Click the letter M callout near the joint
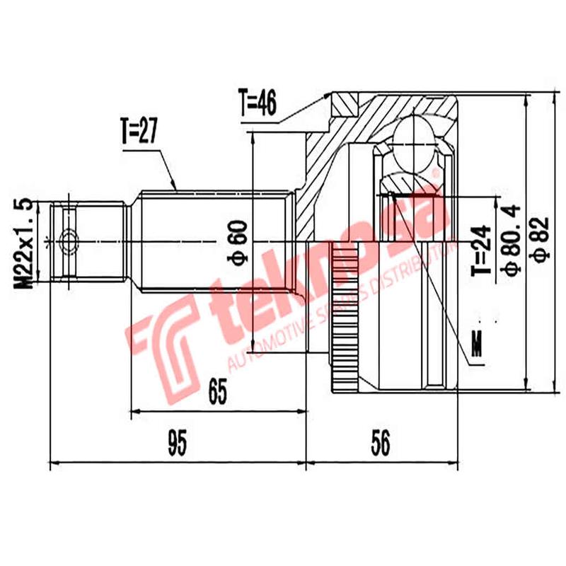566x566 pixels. pyautogui.click(x=478, y=347)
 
